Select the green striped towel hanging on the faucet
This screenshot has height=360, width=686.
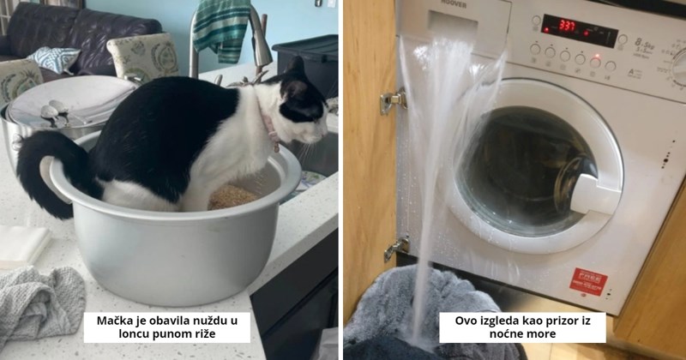pos(221,30)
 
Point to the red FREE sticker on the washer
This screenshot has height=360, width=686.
pos(590,279)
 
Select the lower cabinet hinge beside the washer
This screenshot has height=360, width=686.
pos(395,249)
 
